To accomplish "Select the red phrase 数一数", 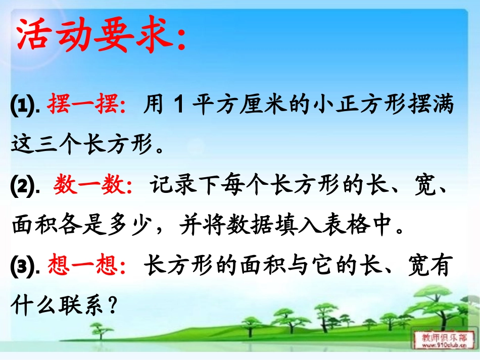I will (x=92, y=186).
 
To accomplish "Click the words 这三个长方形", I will (x=81, y=146).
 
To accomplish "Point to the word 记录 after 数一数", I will (x=166, y=186).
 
